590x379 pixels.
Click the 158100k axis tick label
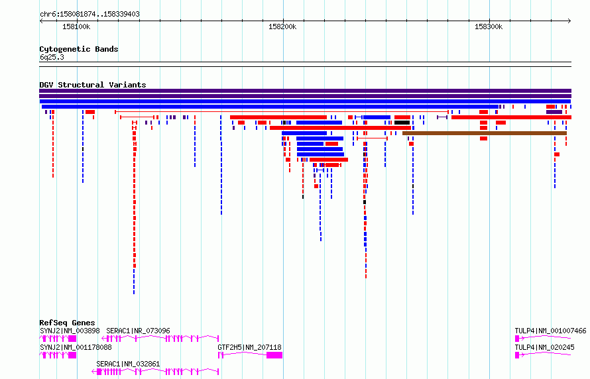(76, 27)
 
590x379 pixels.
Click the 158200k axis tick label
(282, 27)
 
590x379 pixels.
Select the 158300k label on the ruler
(489, 27)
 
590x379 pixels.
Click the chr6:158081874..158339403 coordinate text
(89, 15)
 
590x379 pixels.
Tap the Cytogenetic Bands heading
(79, 49)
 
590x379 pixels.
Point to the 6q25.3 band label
(52, 57)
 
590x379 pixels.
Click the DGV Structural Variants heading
(93, 85)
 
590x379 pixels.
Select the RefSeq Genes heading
(67, 323)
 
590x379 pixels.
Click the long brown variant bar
(485, 133)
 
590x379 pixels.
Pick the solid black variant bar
(402, 123)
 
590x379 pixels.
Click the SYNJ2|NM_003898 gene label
(70, 331)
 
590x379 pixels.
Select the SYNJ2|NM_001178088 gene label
(76, 347)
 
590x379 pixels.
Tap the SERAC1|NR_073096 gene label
(138, 331)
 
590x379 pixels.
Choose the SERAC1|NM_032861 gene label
(128, 364)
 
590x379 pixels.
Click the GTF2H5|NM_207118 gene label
(249, 347)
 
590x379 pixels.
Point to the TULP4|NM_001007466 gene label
(550, 331)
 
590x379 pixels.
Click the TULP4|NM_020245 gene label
(544, 347)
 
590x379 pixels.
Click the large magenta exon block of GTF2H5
(274, 355)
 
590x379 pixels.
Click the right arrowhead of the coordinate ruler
(569, 21)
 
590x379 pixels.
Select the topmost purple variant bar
(306, 91)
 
